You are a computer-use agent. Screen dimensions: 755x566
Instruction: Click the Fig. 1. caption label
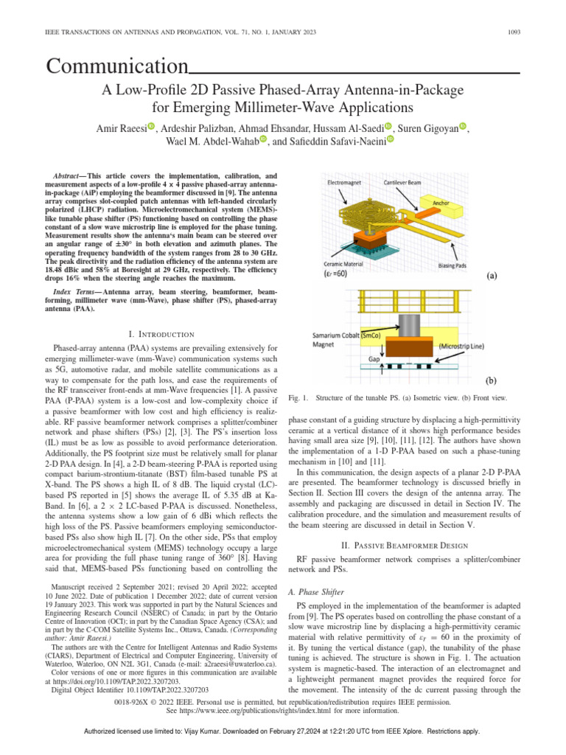pyautogui.click(x=299, y=397)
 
